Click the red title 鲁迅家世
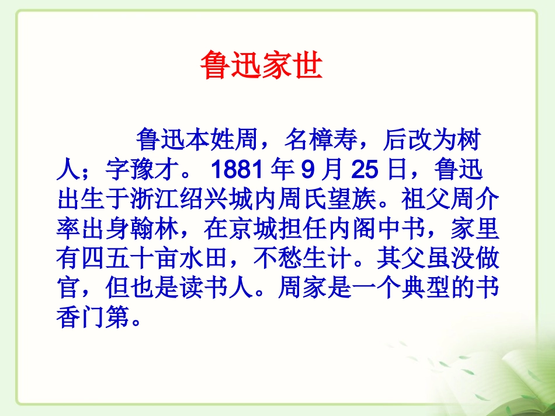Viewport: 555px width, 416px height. [261, 65]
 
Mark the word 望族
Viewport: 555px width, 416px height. [352, 201]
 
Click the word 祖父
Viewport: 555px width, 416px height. [426, 201]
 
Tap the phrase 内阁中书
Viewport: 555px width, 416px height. [377, 231]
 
